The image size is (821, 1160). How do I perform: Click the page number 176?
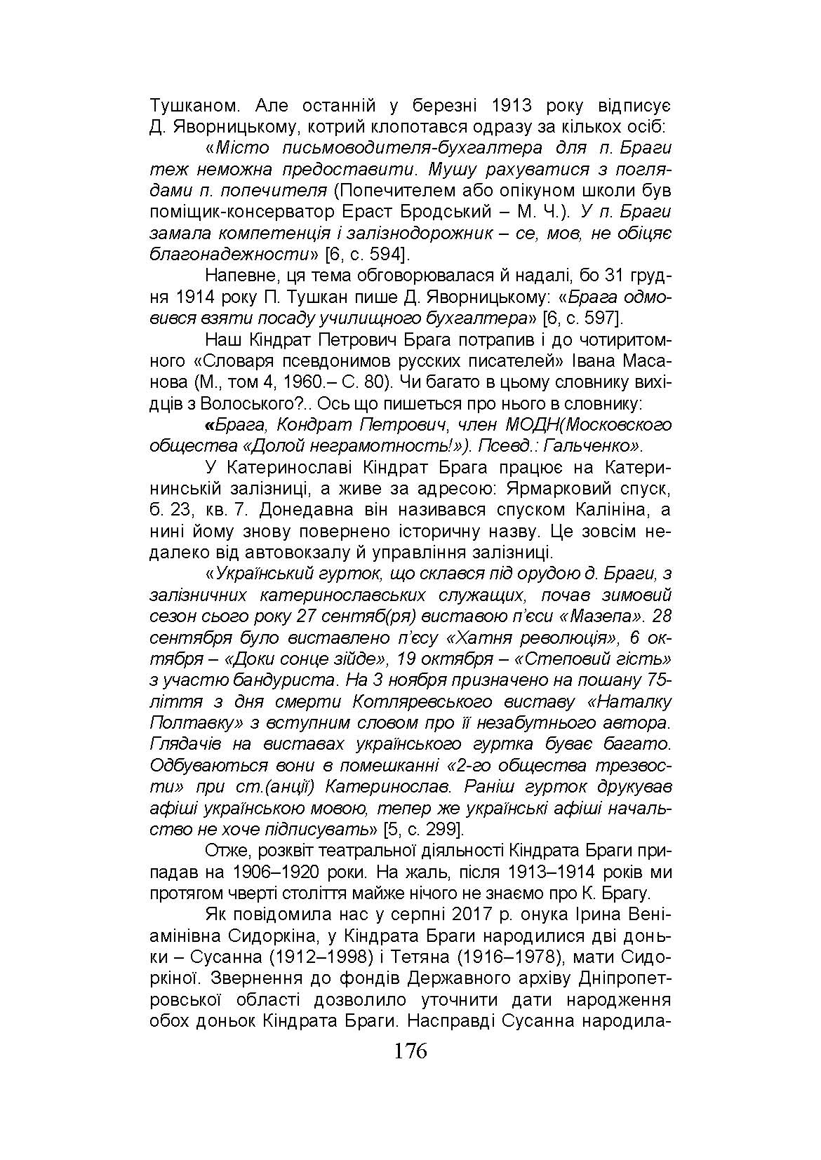coord(410,1051)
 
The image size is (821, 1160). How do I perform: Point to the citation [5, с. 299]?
coord(423,830)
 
